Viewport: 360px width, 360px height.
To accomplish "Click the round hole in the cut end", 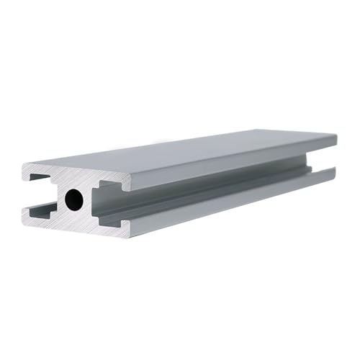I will coord(75,199).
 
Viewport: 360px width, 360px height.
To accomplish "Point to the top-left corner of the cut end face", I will coord(24,166).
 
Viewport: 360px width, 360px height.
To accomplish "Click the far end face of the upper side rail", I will coord(335,145).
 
